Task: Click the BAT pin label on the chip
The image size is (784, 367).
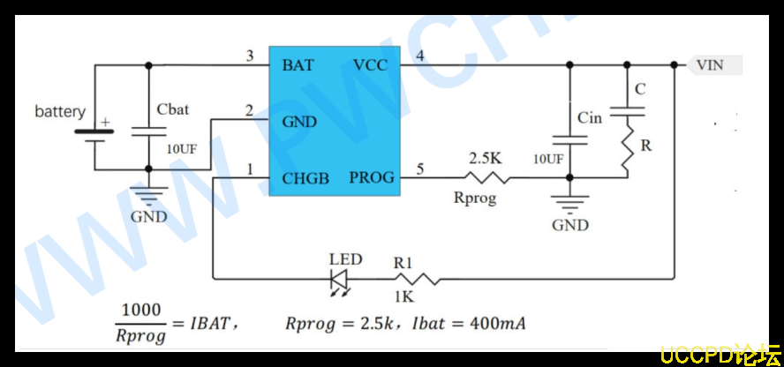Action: click(298, 65)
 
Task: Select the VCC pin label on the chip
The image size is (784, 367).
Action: click(370, 65)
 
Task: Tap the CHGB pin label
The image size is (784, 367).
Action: click(305, 178)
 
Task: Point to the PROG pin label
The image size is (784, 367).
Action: click(372, 177)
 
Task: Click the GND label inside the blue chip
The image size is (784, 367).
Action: click(299, 122)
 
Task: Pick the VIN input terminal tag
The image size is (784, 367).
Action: click(713, 65)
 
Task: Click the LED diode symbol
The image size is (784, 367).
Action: click(340, 281)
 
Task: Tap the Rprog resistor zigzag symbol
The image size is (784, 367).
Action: click(486, 177)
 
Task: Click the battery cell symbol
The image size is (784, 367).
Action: click(94, 135)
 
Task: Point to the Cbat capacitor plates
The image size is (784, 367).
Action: click(148, 131)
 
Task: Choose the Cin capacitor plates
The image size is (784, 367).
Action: click(569, 139)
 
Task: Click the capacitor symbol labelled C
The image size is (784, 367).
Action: click(627, 110)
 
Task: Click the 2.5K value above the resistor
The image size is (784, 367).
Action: click(485, 159)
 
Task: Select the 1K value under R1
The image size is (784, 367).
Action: click(403, 297)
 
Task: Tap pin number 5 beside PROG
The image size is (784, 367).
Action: click(420, 169)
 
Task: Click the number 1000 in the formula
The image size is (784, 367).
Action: click(141, 310)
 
